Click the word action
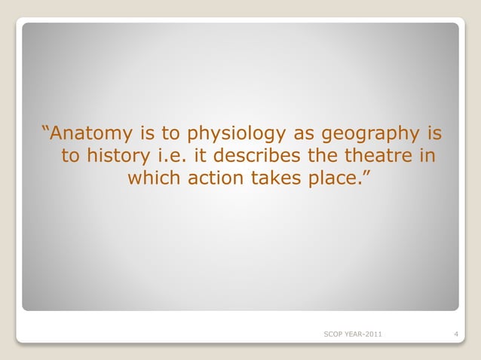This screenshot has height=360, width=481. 217,179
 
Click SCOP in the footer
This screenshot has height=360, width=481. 332,333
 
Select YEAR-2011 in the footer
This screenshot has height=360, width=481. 364,333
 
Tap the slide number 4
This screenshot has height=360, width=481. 458,333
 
